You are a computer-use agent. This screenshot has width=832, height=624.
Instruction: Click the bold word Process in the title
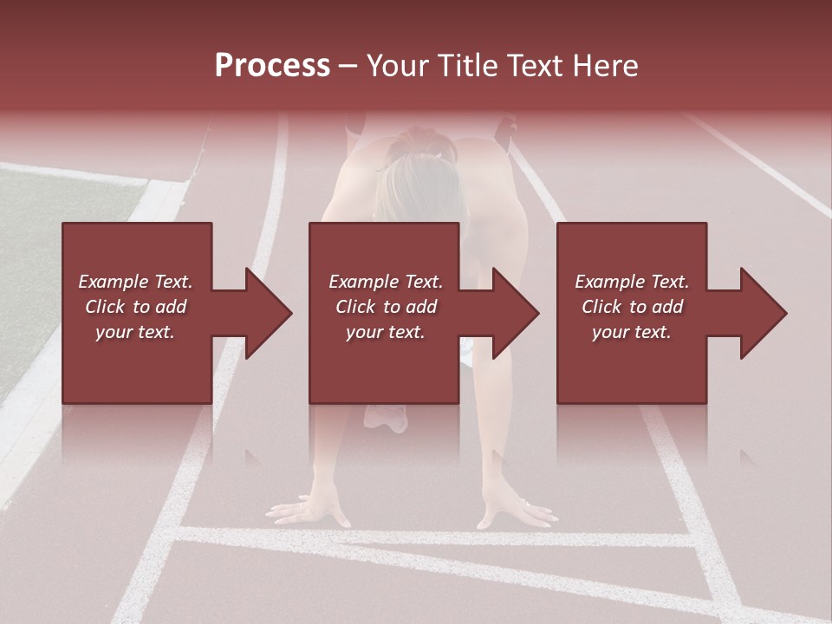coord(272,66)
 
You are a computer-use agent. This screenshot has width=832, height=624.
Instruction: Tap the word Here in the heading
coord(604,66)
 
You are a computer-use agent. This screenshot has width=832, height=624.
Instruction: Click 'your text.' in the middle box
coord(385,332)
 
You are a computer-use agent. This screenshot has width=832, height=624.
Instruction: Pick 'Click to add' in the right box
coord(632,307)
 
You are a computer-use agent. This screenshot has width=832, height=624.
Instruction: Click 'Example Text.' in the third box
coord(632,282)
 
